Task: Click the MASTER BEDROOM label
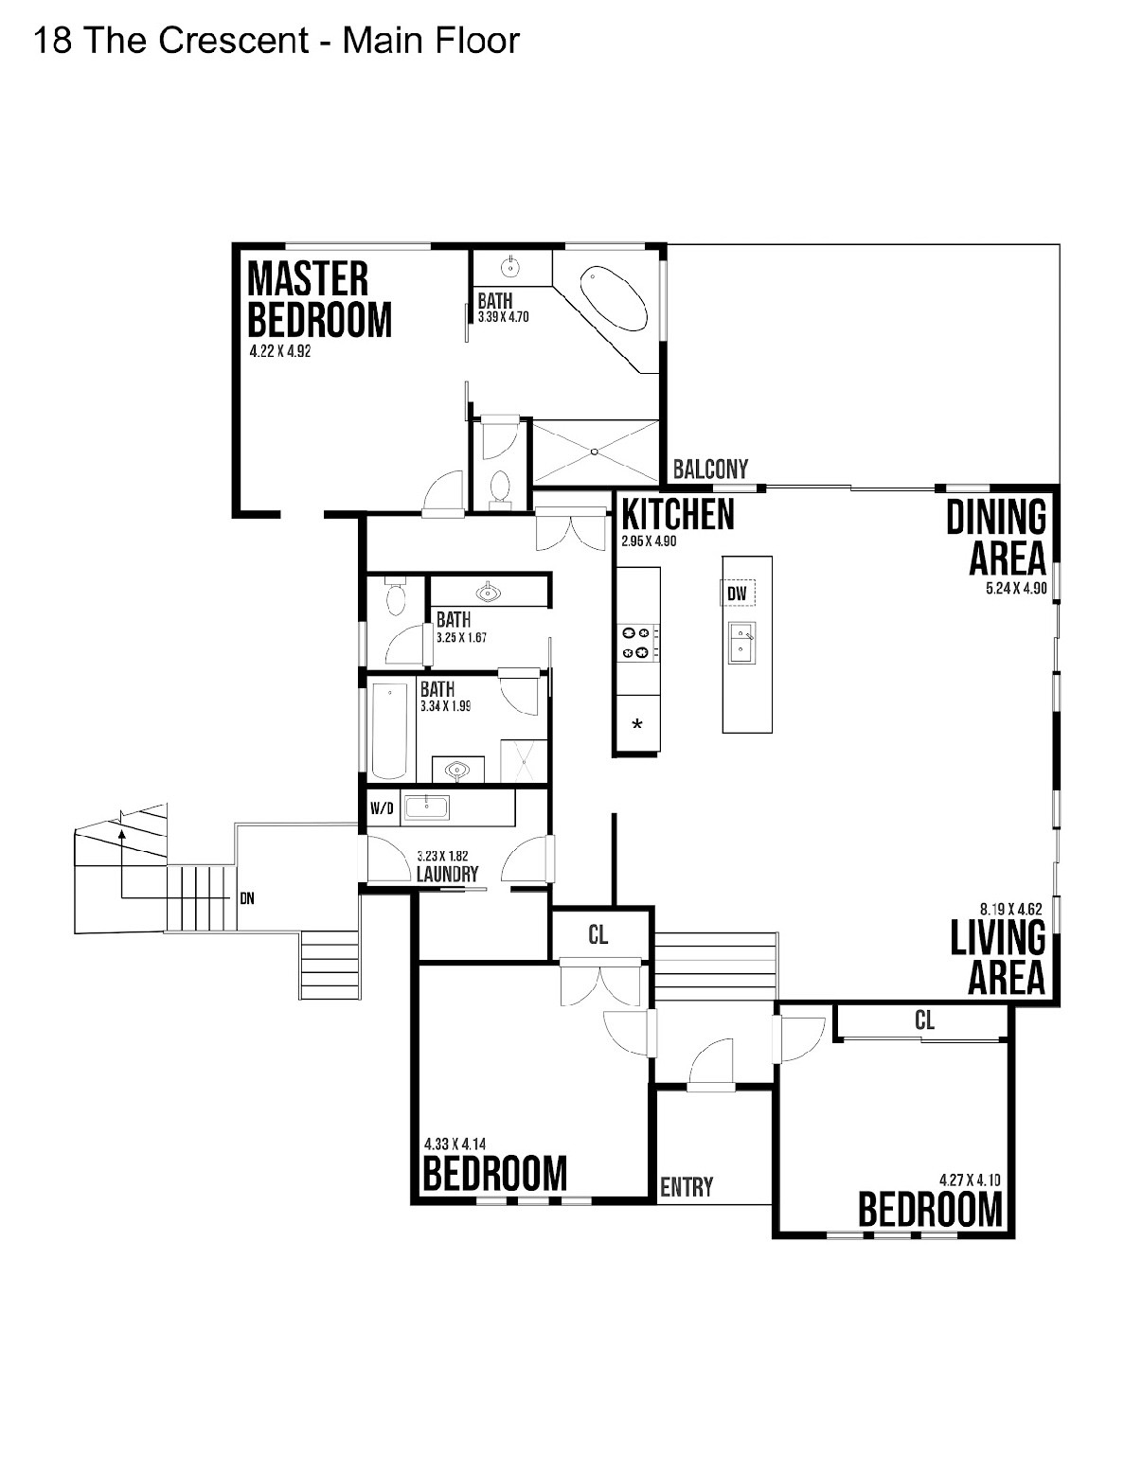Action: pos(319,298)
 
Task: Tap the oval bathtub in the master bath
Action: pos(614,299)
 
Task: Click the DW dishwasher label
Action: pos(737,594)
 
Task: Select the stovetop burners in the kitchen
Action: pos(636,643)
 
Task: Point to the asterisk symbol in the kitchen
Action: pos(636,724)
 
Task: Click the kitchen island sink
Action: pos(741,643)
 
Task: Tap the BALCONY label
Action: pos(710,469)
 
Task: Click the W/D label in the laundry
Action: pos(382,807)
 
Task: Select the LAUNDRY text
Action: pos(447,874)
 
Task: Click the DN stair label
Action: pos(247,899)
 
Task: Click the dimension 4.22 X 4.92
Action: pos(279,351)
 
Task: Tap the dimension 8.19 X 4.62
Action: pos(1010,909)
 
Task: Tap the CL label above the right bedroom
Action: pos(924,1020)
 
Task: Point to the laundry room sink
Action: pos(426,807)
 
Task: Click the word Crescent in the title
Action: pos(234,41)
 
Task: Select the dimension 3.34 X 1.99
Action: pos(445,706)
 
